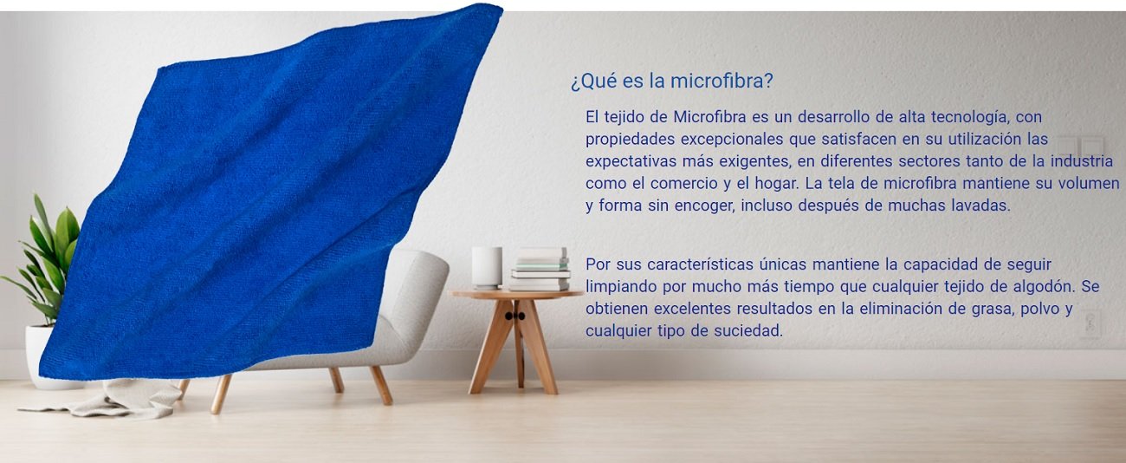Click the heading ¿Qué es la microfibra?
pyautogui.click(x=671, y=81)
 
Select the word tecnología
pyautogui.click(x=970, y=118)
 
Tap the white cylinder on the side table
pyautogui.click(x=487, y=267)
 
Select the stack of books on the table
pyautogui.click(x=540, y=269)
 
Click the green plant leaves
pyautogui.click(x=45, y=254)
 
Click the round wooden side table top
pyautogui.click(x=515, y=294)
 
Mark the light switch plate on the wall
pyautogui.click(x=1081, y=146)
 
